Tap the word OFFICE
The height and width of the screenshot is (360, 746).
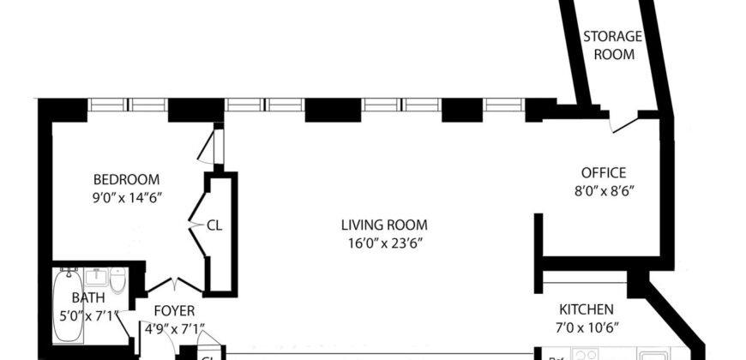coord(604,172)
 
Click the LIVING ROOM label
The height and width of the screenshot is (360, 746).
coord(383,225)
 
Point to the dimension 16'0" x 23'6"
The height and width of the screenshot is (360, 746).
coord(383,243)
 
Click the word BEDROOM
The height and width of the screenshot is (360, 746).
coord(127,179)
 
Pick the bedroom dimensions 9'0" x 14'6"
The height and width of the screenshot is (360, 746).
coord(127,197)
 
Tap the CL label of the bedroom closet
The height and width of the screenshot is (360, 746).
coord(214,226)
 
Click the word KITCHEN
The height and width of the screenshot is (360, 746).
coord(587,309)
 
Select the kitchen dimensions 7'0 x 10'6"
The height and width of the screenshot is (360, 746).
coord(587,327)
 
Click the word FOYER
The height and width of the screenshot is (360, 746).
coord(174,310)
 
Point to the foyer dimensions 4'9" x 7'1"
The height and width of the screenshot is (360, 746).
coord(174,327)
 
